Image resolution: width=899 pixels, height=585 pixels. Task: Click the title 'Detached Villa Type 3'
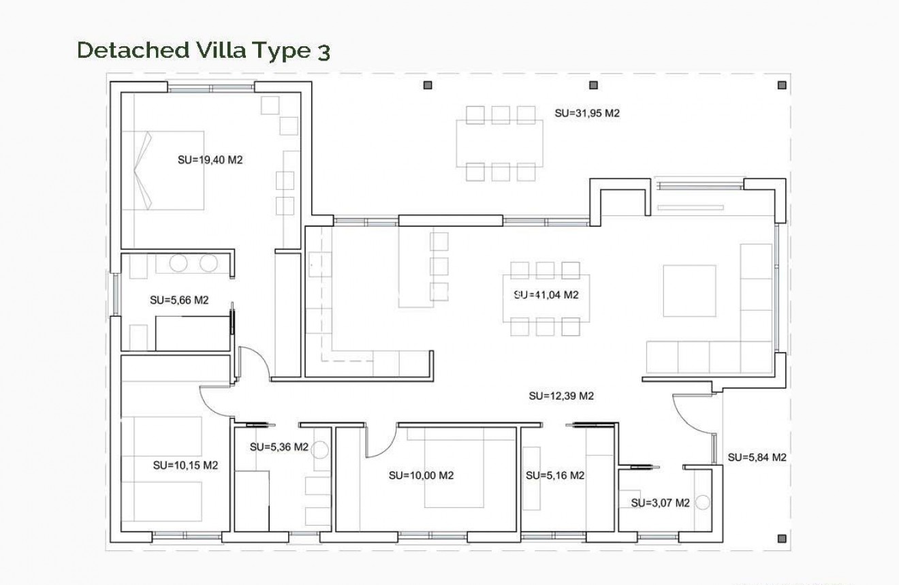204,51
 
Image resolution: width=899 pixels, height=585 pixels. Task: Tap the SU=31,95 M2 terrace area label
586,114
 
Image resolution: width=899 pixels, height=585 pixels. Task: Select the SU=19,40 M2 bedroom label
210,161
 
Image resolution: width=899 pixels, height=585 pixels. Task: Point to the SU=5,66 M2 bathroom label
178,300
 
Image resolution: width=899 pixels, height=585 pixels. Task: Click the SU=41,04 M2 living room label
546,295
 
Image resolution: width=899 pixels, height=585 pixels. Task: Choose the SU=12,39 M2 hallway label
561,396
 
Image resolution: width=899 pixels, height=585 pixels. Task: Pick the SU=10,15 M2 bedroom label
185,466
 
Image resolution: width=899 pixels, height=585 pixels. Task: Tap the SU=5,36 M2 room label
279,447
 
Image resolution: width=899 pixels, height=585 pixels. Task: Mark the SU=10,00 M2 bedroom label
421,475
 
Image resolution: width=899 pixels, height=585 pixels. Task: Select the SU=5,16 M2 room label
555,475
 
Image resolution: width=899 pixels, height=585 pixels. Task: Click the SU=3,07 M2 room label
660,503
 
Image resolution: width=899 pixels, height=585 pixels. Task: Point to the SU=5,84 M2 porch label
757,458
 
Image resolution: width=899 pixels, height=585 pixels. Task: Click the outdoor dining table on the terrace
500,143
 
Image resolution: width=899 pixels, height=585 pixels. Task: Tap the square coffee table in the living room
689,291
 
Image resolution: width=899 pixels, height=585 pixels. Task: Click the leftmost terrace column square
428,85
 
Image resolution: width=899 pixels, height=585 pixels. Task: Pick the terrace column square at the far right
782,85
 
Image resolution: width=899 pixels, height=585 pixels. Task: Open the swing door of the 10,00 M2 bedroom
379,441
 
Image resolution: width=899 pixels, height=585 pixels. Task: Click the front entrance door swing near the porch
691,417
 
